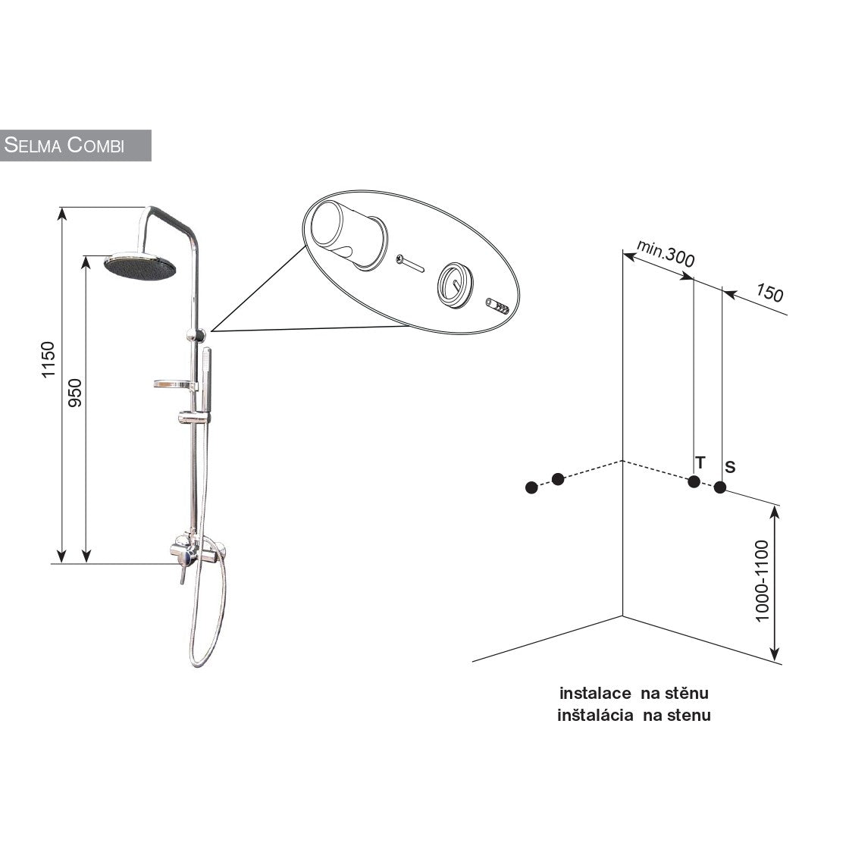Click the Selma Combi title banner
click(x=75, y=145)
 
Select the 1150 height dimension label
click(x=49, y=359)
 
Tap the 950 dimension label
click(x=75, y=393)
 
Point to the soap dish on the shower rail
click(x=174, y=385)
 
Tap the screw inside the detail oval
click(x=410, y=264)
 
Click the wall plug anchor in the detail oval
click(x=497, y=306)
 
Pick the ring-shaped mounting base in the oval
click(x=455, y=285)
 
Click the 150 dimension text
click(x=769, y=293)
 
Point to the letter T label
click(x=700, y=463)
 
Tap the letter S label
click(x=730, y=467)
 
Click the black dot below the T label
click(x=694, y=481)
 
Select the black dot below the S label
click(x=719, y=487)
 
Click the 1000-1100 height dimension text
click(x=762, y=581)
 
